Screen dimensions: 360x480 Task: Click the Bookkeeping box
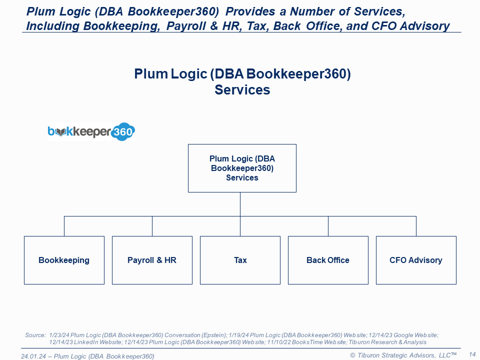[64, 260]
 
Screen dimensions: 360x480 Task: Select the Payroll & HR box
[152, 260]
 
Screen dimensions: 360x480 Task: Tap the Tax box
[240, 260]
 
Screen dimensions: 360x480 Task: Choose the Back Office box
[328, 260]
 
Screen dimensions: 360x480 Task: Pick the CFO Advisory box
[416, 260]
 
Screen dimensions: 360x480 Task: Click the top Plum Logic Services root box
[242, 168]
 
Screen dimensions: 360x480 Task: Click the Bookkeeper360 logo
[91, 132]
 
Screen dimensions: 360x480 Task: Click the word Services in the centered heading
[242, 90]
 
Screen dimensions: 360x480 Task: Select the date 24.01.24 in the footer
[33, 356]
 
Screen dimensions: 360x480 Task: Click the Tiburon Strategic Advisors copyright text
[403, 355]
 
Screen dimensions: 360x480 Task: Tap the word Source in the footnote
[35, 334]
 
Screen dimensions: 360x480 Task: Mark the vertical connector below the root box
[240, 204]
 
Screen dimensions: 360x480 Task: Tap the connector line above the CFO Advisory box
[416, 226]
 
